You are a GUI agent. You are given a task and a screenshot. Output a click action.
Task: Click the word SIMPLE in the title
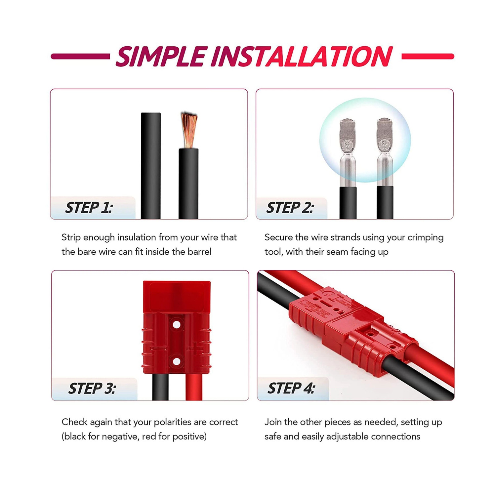pos(162,57)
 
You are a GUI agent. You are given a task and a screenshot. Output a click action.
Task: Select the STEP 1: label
pos(89,208)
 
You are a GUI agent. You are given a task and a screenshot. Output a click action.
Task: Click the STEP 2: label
pos(290,208)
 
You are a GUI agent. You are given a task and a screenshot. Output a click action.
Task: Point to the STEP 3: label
pos(92,388)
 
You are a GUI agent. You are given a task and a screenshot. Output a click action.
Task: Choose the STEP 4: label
pos(291,388)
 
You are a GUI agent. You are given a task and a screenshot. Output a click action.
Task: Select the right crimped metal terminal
pos(385,152)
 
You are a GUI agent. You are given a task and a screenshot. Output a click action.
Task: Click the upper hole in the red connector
pos(177,325)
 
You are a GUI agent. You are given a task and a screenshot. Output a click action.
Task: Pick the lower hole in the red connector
pos(177,361)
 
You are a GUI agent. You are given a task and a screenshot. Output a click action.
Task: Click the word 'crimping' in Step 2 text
pos(426,238)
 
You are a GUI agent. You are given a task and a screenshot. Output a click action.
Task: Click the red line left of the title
pos(80,57)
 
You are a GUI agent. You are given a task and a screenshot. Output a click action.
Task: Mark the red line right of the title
pos(428,57)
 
